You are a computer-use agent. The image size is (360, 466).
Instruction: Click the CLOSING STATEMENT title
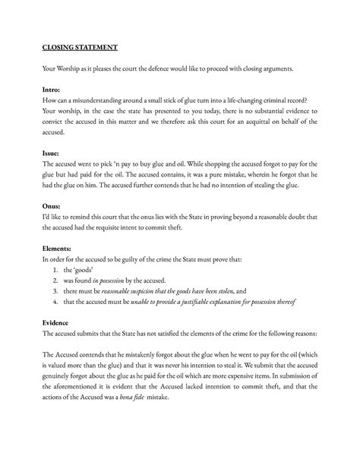(x=80, y=47)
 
